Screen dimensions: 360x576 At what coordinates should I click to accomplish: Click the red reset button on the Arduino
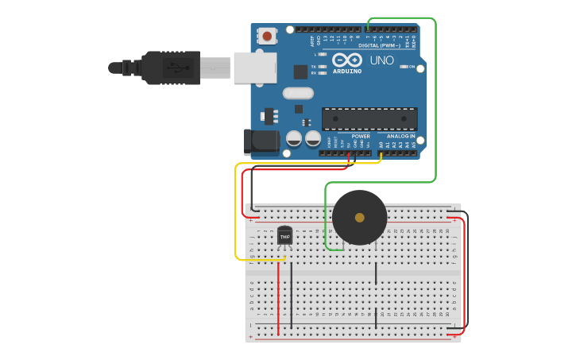267,36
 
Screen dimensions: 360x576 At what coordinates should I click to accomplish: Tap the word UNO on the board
381,60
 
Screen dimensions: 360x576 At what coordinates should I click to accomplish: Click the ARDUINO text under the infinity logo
347,72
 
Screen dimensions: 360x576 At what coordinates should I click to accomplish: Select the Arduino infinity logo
347,60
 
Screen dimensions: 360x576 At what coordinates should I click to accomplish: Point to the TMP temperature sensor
284,236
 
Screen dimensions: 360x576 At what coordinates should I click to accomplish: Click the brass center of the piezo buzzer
359,218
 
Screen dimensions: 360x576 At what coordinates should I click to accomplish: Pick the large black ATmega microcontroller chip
369,119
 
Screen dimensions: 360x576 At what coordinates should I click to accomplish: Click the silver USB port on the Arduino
255,68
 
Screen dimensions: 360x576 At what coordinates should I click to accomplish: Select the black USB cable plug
171,68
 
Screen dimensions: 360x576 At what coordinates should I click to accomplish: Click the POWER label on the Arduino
361,136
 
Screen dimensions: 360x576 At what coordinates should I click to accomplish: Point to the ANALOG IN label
400,136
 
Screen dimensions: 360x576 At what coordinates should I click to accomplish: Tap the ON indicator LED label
412,67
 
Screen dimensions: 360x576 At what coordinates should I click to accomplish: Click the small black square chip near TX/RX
300,72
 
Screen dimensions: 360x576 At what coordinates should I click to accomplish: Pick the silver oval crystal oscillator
298,93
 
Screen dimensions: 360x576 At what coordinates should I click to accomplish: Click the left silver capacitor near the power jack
294,138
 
